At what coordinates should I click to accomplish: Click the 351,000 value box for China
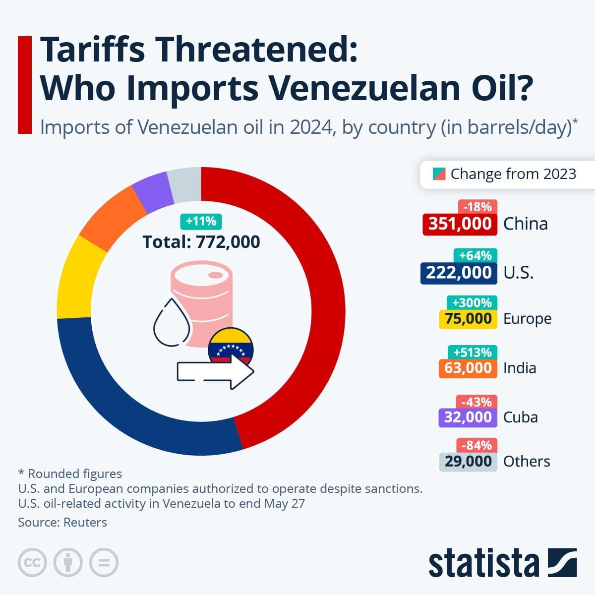[x=460, y=224]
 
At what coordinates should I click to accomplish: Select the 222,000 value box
[x=459, y=273]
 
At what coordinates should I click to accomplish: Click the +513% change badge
[x=475, y=352]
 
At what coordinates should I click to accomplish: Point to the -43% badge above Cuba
[x=477, y=402]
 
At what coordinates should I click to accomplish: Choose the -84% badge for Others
[x=477, y=445]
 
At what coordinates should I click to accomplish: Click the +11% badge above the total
[x=201, y=221]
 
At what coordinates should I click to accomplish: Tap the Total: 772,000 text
[x=201, y=242]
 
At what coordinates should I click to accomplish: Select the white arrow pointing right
[x=216, y=372]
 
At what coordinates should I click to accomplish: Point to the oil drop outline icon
[x=172, y=323]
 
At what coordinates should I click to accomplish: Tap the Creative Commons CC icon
[x=32, y=563]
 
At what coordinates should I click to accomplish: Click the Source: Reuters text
[x=62, y=522]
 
